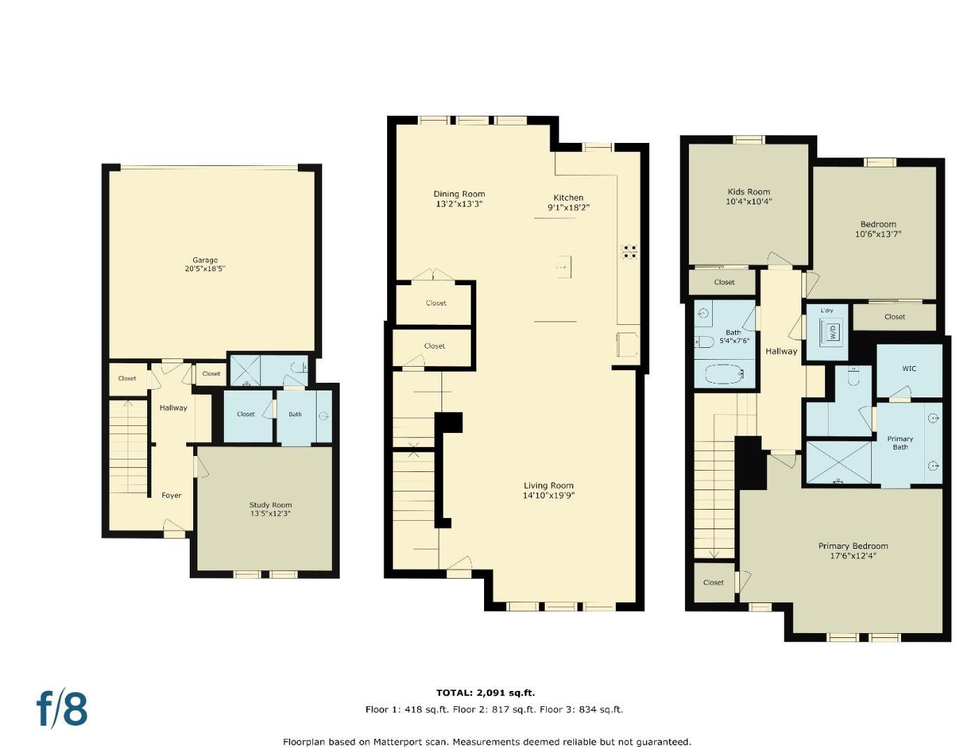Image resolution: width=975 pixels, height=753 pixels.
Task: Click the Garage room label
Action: pyautogui.click(x=205, y=260)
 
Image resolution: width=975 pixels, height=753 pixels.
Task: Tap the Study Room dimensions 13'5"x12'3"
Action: pyautogui.click(x=271, y=514)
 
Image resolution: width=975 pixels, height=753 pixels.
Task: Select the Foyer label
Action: pyautogui.click(x=172, y=496)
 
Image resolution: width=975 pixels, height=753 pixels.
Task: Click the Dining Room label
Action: pyautogui.click(x=459, y=195)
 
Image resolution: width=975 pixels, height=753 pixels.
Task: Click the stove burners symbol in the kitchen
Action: pyautogui.click(x=630, y=252)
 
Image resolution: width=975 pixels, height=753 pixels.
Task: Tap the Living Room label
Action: pyautogui.click(x=549, y=486)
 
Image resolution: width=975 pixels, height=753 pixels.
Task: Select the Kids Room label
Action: pyautogui.click(x=748, y=192)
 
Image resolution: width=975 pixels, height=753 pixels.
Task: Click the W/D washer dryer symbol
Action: pyautogui.click(x=833, y=333)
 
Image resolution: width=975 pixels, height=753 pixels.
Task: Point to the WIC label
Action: pyautogui.click(x=909, y=369)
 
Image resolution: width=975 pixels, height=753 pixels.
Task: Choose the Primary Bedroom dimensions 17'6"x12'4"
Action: pyautogui.click(x=853, y=556)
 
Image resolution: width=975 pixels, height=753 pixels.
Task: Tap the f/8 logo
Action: pyautogui.click(x=62, y=708)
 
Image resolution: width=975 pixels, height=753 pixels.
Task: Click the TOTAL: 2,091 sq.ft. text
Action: pyautogui.click(x=485, y=692)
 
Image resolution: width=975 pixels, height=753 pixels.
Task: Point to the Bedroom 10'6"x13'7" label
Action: pyautogui.click(x=878, y=225)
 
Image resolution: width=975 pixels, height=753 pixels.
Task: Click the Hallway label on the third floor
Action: pyautogui.click(x=781, y=351)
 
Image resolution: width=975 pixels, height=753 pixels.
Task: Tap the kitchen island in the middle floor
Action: pyautogui.click(x=562, y=266)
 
